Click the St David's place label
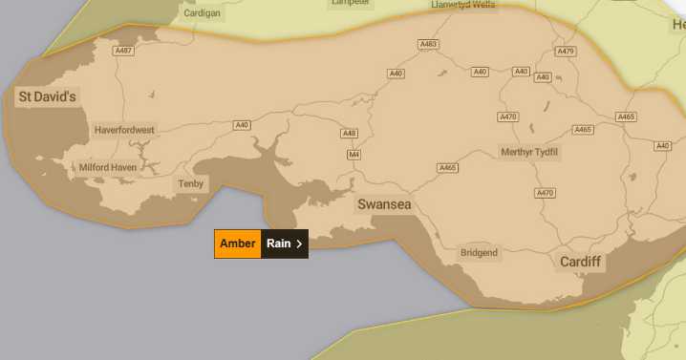(x=47, y=96)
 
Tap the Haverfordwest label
(x=124, y=130)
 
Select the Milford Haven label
(x=107, y=167)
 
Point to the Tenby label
(x=191, y=183)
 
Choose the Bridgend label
(x=479, y=253)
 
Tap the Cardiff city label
(x=581, y=262)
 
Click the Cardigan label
(x=201, y=13)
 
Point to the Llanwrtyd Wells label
(x=438, y=4)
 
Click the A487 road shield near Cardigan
(x=124, y=51)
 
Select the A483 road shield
(x=428, y=45)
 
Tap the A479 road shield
(x=566, y=52)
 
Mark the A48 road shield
(x=350, y=134)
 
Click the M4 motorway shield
(x=354, y=155)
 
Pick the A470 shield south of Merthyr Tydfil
(x=545, y=193)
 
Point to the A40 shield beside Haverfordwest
(x=242, y=125)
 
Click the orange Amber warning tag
(x=238, y=244)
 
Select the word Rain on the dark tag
(x=278, y=244)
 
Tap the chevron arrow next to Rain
(x=299, y=244)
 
